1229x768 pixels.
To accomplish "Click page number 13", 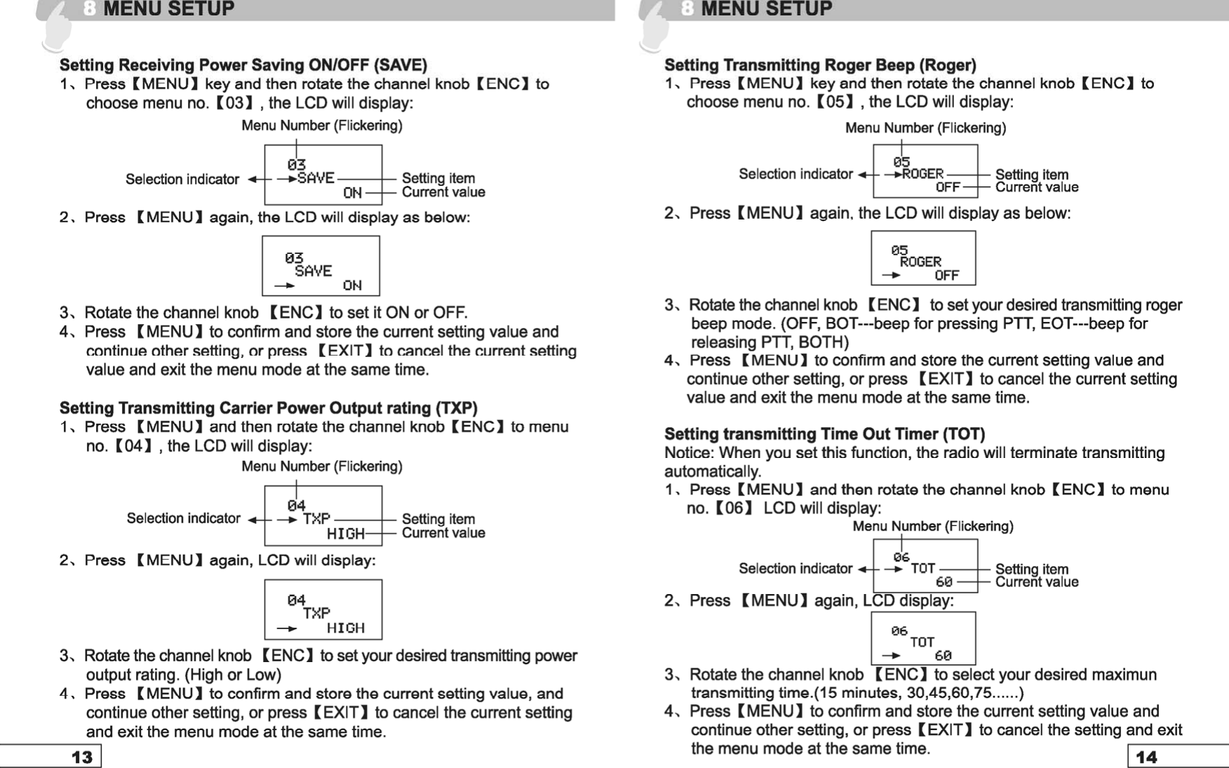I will tap(81, 757).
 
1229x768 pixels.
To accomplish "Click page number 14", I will tap(1146, 757).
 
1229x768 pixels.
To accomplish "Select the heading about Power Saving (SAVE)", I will tap(243, 65).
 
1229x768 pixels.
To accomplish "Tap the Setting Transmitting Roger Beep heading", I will tap(820, 65).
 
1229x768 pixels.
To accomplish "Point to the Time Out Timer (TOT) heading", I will tap(824, 434).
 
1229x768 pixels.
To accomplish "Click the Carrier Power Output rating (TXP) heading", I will tap(268, 408).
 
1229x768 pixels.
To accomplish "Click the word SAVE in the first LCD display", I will tap(316, 178).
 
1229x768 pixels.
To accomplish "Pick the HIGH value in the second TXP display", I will tap(346, 628).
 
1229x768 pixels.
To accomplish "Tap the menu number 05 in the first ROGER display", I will tap(901, 162).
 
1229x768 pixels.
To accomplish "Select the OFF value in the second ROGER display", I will tap(946, 276).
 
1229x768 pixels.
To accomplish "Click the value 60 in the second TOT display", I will tap(943, 656).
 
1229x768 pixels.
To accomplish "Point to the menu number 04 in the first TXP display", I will tap(297, 505).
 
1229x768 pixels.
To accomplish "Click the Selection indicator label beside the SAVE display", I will tap(182, 180).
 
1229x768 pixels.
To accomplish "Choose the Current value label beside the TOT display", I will tap(1037, 582).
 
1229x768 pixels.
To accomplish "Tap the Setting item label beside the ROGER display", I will tap(1032, 175).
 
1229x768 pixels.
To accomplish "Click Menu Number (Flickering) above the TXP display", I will tap(322, 466).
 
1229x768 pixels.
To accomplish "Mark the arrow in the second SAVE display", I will tap(284, 286).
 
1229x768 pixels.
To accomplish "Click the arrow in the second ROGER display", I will tap(891, 276).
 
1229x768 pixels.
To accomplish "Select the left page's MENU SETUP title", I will tap(168, 9).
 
